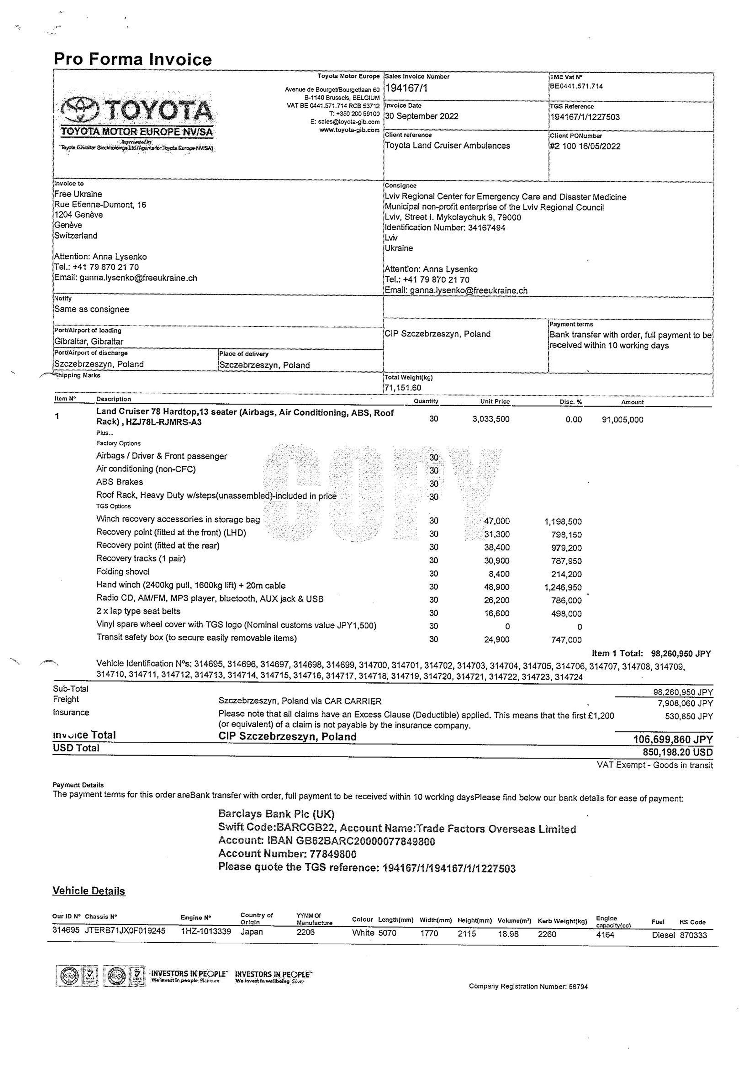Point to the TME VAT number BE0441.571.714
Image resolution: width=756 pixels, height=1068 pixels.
point(576,86)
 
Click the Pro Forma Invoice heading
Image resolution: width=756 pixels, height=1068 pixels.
point(133,59)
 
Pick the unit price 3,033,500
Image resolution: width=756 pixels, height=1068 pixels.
point(491,419)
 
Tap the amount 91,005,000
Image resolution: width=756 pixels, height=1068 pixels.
point(622,420)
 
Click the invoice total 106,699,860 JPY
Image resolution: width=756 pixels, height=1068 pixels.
point(673,739)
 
